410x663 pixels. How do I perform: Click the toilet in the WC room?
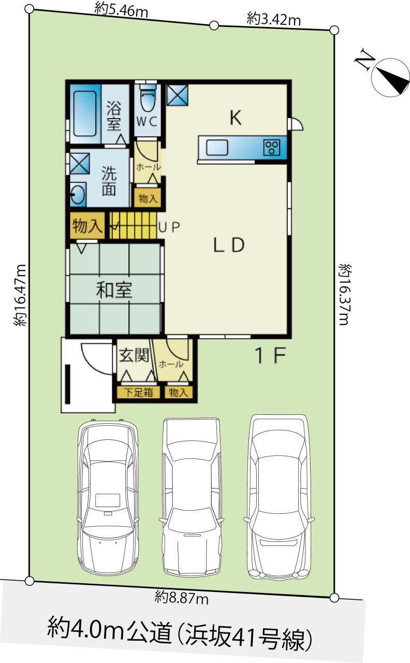tap(148, 100)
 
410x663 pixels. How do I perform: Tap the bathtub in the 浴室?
tap(84, 113)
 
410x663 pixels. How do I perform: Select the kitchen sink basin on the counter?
tap(217, 148)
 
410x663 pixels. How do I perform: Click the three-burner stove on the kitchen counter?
tap(272, 148)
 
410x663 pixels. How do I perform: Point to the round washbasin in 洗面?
tap(78, 194)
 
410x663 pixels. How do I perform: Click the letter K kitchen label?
tap(236, 118)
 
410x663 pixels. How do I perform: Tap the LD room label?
tap(229, 245)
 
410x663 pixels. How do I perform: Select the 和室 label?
tap(114, 290)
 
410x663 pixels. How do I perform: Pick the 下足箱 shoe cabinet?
tap(138, 393)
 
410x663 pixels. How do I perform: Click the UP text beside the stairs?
tap(169, 227)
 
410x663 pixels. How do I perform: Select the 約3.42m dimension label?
tap(274, 20)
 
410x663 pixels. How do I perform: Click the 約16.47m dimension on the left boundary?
tap(20, 295)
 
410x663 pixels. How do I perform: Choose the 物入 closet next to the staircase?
tap(87, 226)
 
